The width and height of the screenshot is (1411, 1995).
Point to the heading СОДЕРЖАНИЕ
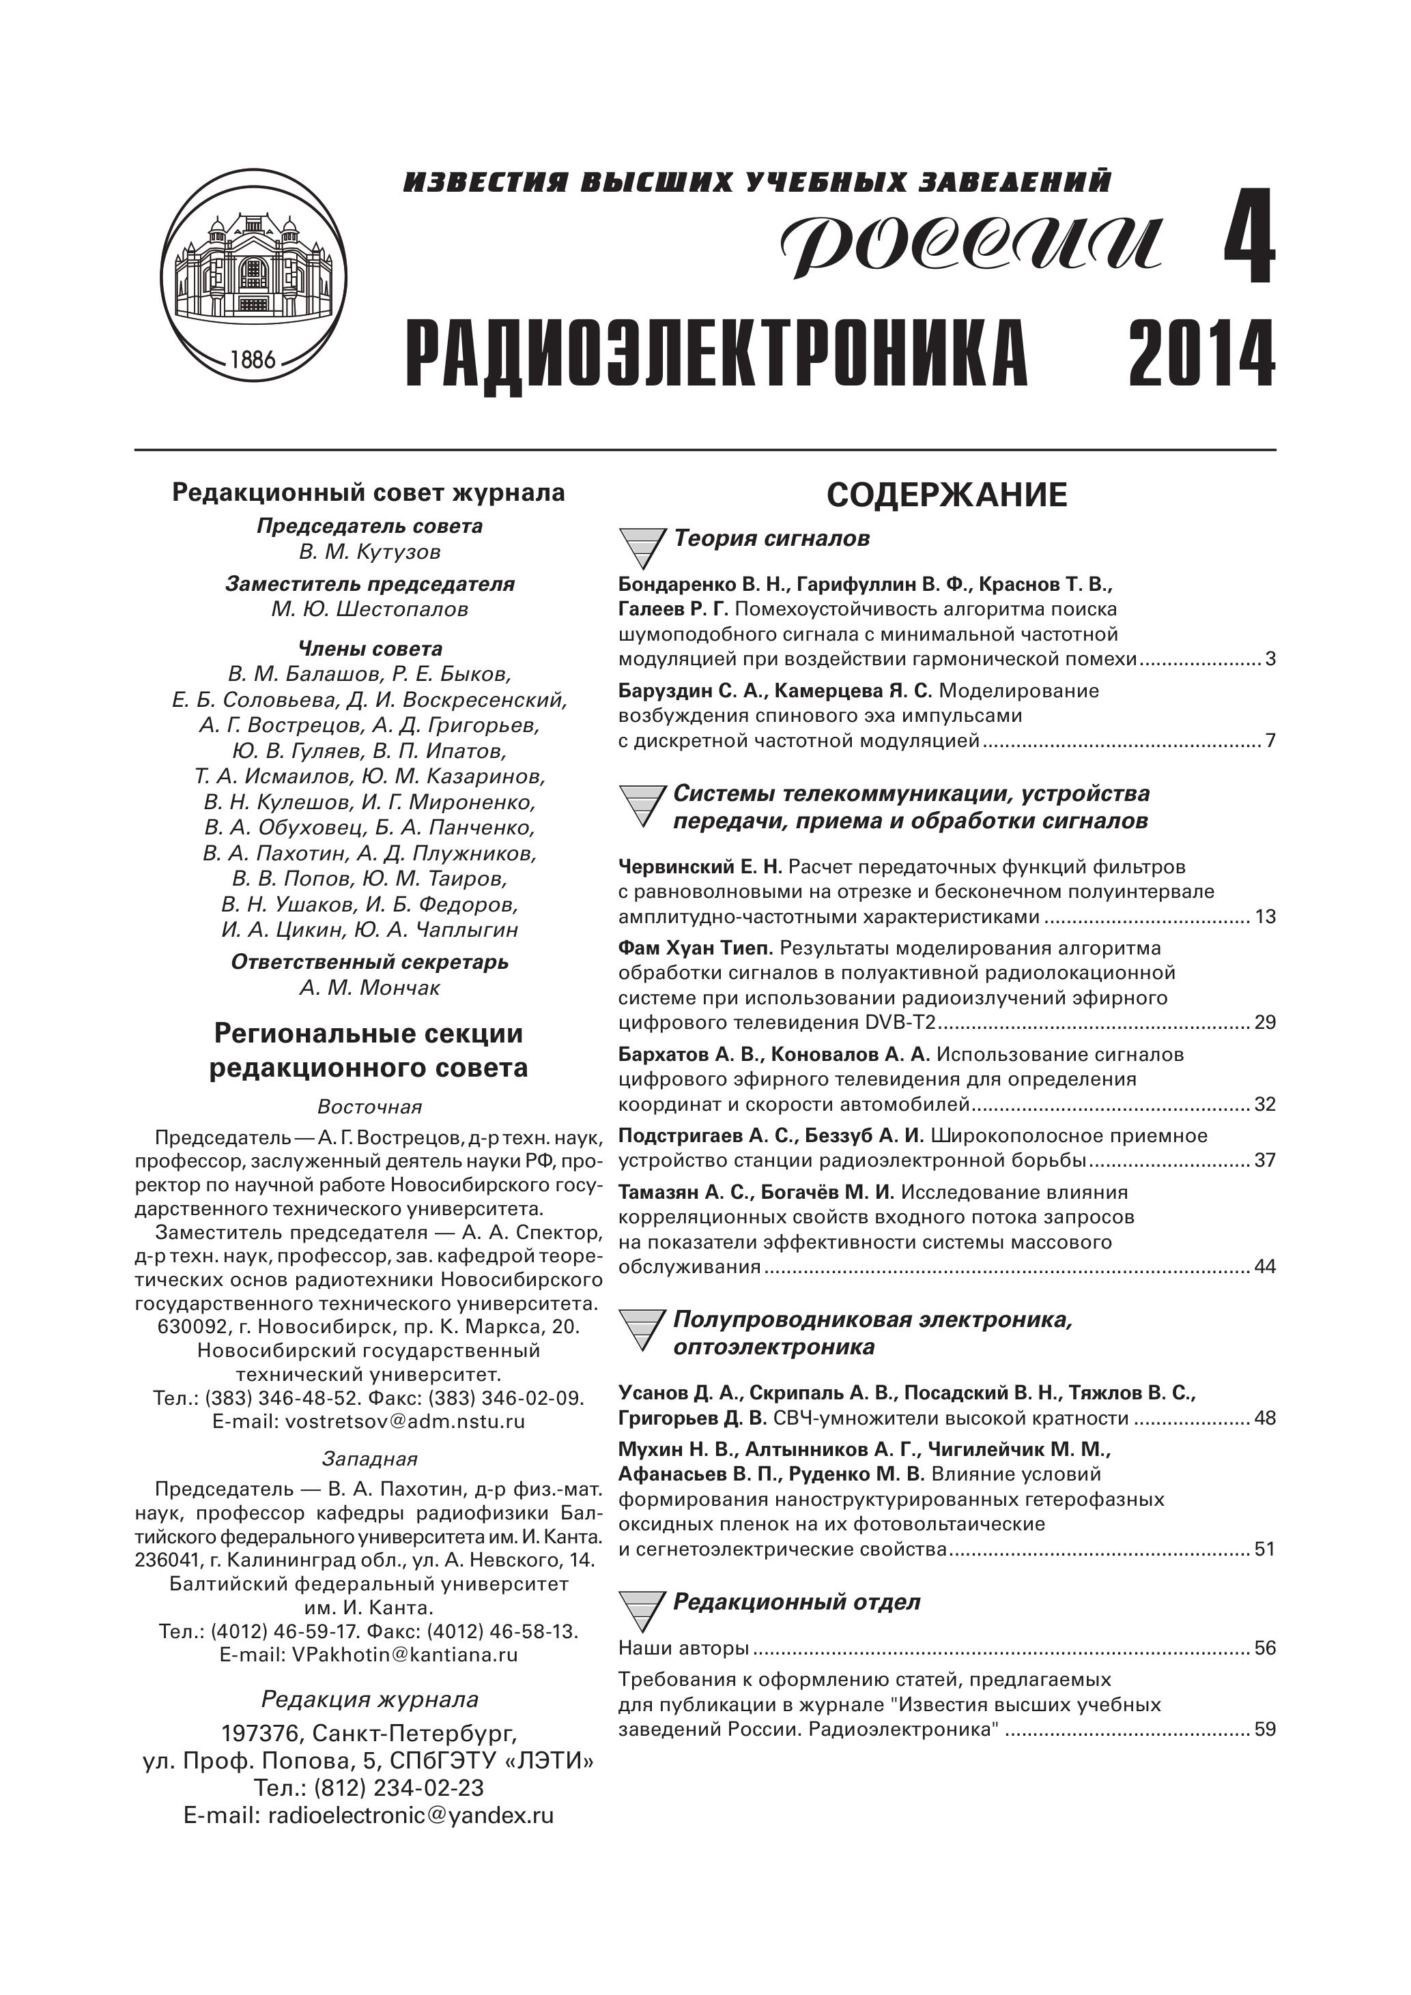947,495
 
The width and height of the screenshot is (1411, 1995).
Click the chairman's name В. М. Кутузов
369,552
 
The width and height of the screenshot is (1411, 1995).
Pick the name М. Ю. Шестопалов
369,609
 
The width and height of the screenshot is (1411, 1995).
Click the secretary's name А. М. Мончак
369,988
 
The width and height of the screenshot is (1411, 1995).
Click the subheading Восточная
369,1107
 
